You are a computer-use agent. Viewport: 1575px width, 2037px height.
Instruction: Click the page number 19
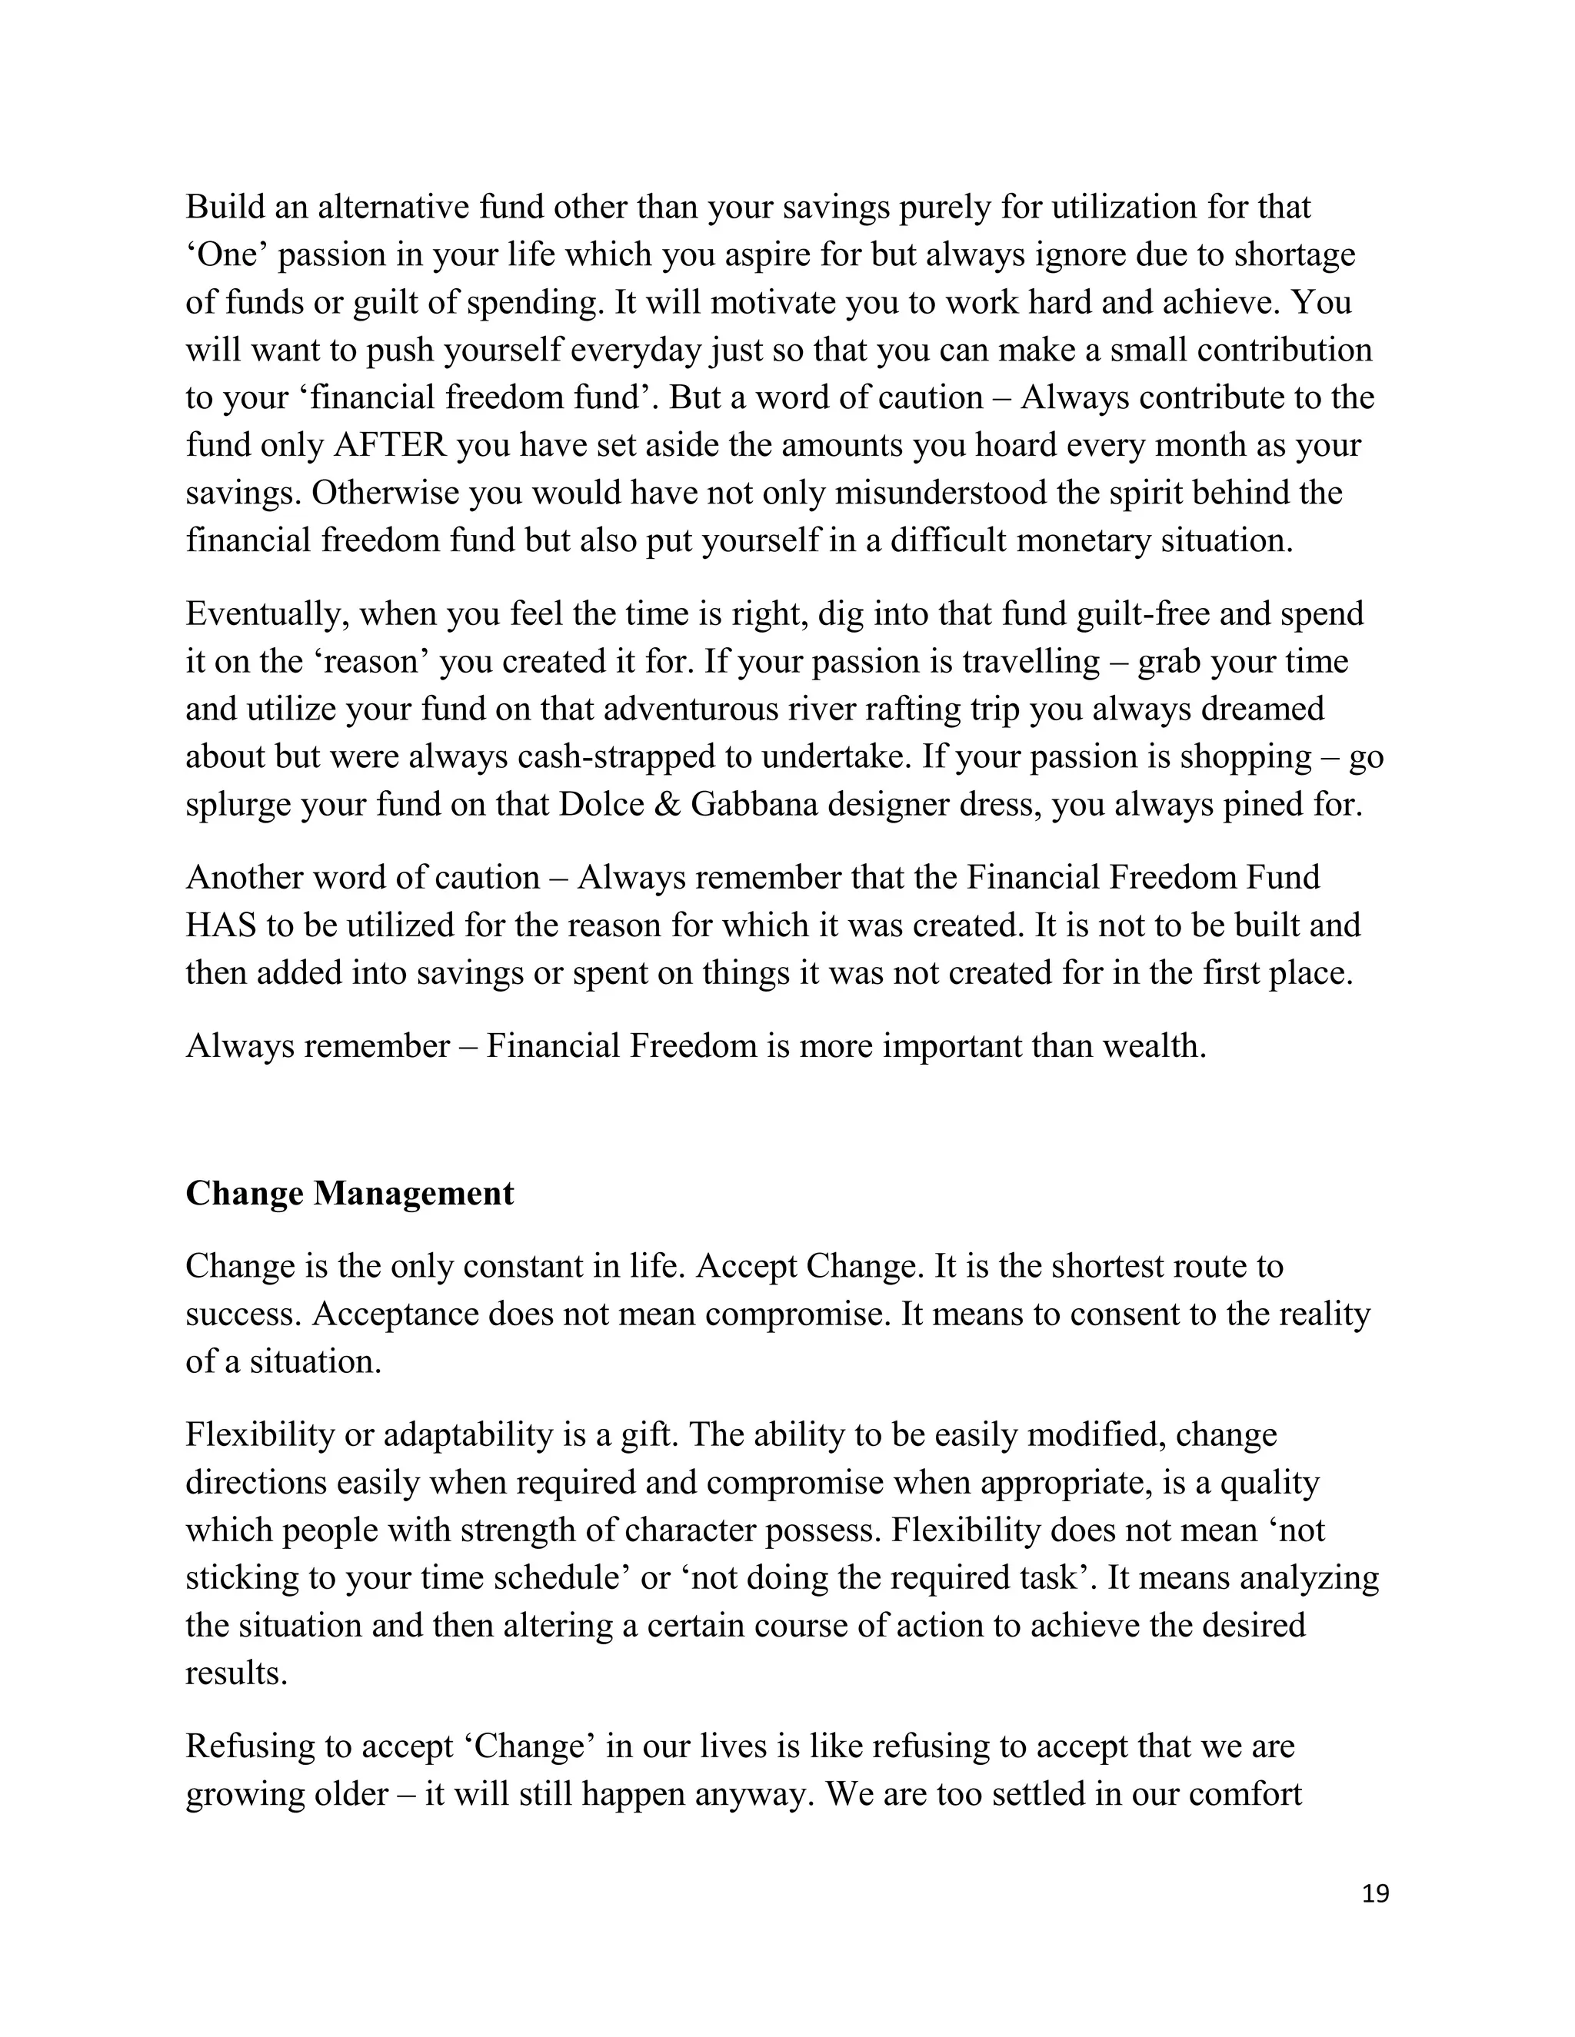[x=1374, y=1893]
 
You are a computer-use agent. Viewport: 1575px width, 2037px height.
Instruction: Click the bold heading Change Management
[x=349, y=1193]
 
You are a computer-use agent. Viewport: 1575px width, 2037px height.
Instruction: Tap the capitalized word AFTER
[x=390, y=445]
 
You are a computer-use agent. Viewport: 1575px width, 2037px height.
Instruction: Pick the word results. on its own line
[x=236, y=1673]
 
